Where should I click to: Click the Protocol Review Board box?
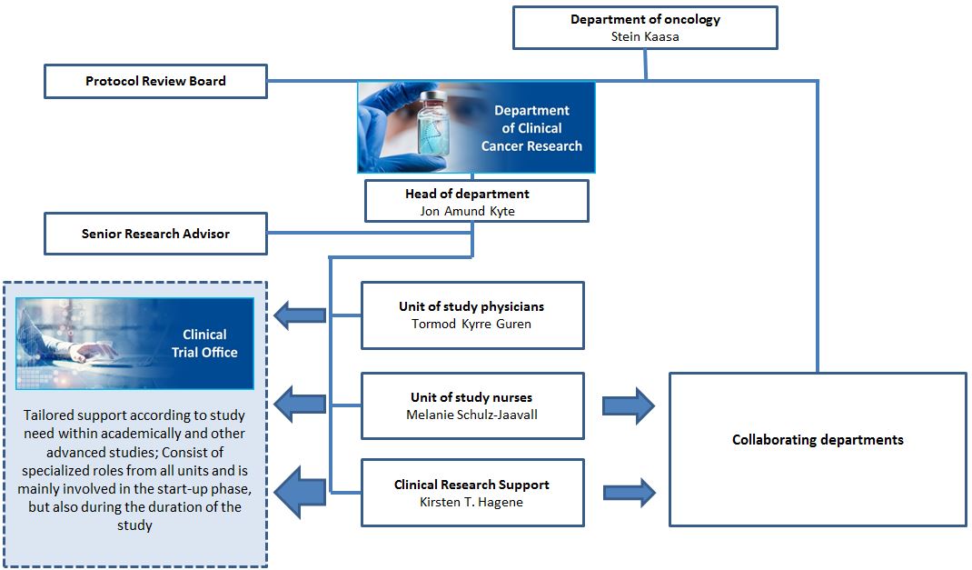pos(155,81)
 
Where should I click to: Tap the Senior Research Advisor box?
pos(155,234)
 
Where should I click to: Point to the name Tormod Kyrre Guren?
pos(472,324)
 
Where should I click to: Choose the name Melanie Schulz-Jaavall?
pos(472,415)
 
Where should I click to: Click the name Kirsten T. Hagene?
pos(472,502)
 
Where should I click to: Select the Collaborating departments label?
pos(818,440)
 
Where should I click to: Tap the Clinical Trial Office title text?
pos(204,343)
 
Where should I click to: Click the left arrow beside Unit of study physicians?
pos(300,315)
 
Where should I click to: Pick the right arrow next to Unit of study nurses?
pos(629,405)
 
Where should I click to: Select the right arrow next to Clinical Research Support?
pos(629,493)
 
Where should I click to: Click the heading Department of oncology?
pos(645,19)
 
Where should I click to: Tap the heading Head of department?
pos(467,194)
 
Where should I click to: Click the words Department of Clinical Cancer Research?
pos(531,128)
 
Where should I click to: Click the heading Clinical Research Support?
pos(472,485)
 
